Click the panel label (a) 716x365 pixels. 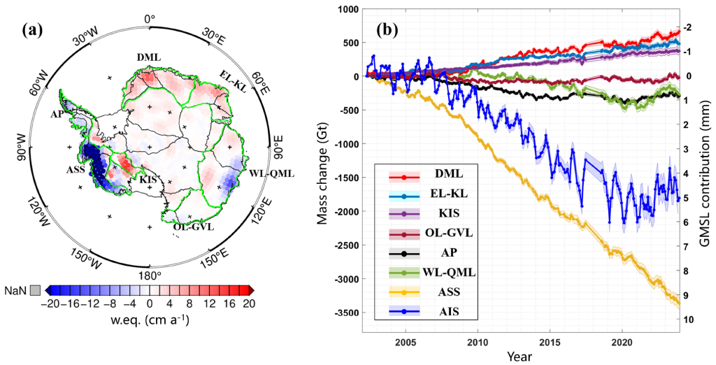tap(34, 30)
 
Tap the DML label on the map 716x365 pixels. tap(148, 57)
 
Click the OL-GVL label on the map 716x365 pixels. tap(192, 227)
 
